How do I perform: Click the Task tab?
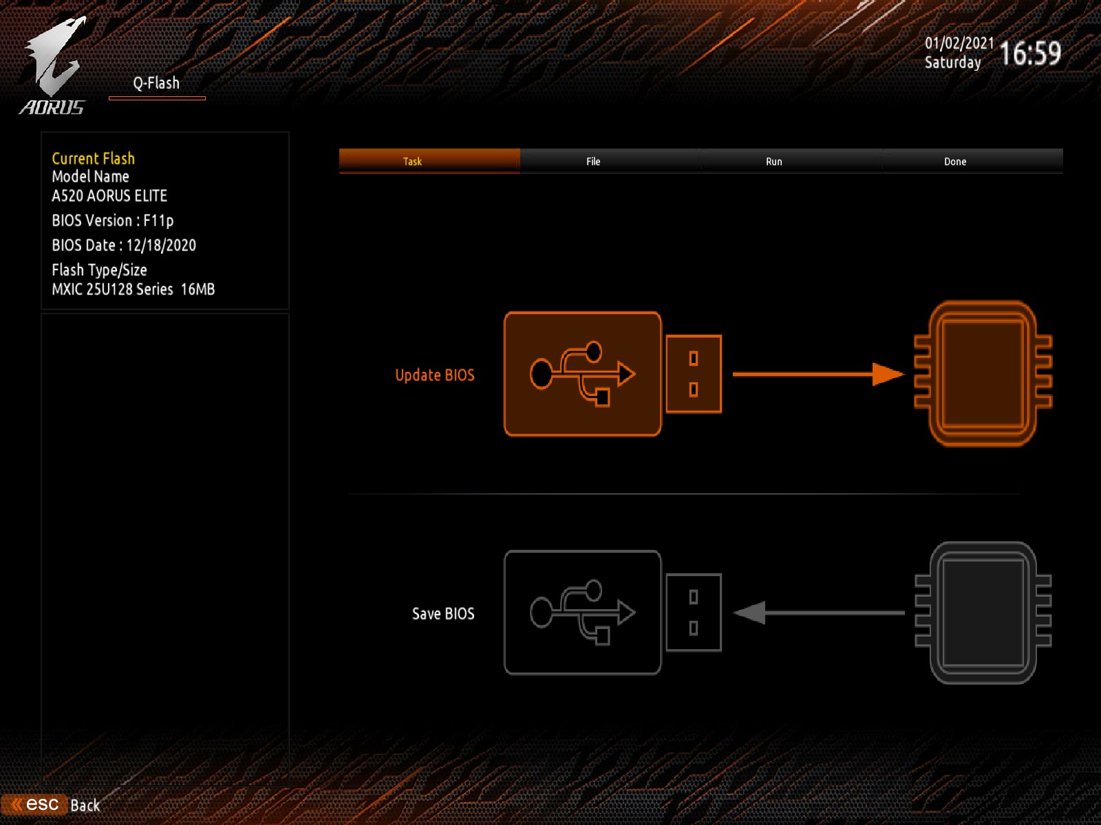click(x=413, y=162)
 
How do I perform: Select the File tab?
click(x=593, y=162)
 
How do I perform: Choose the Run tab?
click(x=773, y=162)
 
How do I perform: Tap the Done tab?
click(x=954, y=162)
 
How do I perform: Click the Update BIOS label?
click(x=434, y=375)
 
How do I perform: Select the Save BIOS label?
click(x=443, y=614)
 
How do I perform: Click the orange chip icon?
click(x=983, y=374)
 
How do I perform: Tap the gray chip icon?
click(x=983, y=613)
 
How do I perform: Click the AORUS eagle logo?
click(x=53, y=65)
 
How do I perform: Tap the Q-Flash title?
click(x=156, y=83)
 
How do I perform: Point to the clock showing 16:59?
click(x=1029, y=54)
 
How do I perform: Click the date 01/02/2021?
click(x=959, y=43)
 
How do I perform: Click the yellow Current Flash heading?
click(x=94, y=159)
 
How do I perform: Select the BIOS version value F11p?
click(x=158, y=221)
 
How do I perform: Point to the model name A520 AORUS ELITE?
click(x=109, y=196)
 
